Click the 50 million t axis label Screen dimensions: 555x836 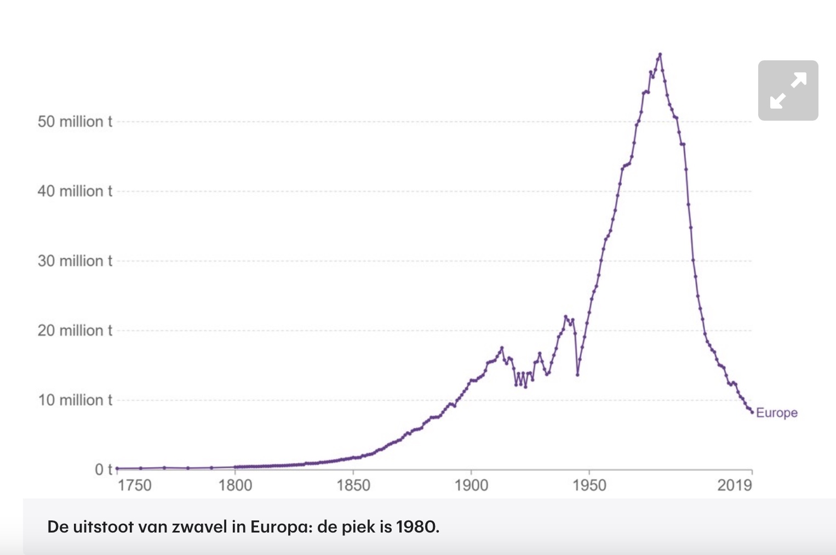[x=75, y=121]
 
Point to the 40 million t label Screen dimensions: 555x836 [x=75, y=191]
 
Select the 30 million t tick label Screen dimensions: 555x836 [x=75, y=260]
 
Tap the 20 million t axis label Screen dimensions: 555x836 [x=75, y=330]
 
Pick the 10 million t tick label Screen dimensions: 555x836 [x=75, y=400]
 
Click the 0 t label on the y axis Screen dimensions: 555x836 [x=103, y=469]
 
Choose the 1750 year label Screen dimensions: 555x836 [x=134, y=485]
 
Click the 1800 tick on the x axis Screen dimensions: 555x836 [x=235, y=485]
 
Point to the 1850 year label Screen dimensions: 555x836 [x=353, y=485]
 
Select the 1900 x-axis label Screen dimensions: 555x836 [x=471, y=485]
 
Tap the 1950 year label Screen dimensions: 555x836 [x=589, y=485]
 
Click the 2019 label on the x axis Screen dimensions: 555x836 [x=735, y=485]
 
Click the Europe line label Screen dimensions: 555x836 [x=776, y=413]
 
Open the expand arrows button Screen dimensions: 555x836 [x=788, y=90]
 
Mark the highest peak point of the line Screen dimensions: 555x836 [x=660, y=54]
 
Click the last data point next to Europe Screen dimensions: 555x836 [x=752, y=412]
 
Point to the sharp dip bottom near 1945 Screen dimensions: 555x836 [x=577, y=375]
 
